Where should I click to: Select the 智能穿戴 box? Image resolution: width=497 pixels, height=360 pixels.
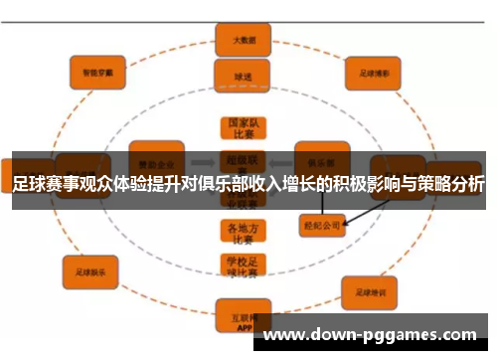97,71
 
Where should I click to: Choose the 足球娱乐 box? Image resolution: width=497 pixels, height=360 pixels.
91,268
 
